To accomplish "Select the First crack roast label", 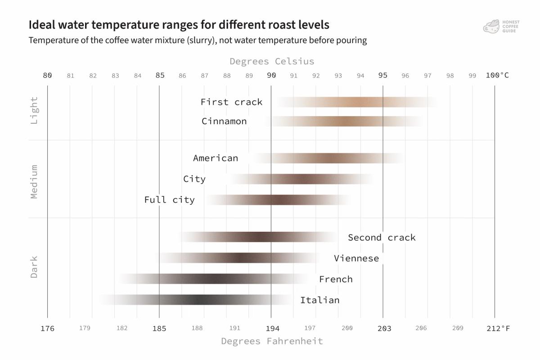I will click(231, 102).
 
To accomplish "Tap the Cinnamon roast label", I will click(224, 121).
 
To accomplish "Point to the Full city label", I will click(169, 200).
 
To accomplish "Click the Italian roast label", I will click(319, 300).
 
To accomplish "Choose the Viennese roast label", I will click(356, 258).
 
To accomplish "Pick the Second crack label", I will click(382, 238).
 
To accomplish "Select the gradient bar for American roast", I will click(328, 158).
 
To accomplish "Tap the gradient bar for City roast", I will click(302, 179).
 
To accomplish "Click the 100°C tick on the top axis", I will click(497, 75).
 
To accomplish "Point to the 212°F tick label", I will click(498, 328).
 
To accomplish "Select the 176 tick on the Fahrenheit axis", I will click(47, 328).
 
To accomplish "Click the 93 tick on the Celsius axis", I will click(338, 76).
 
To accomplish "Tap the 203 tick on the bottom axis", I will click(383, 328).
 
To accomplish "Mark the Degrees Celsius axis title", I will click(272, 61).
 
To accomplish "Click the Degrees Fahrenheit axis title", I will click(272, 341).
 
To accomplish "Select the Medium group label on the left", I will click(34, 181).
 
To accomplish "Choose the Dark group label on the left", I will click(34, 267).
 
